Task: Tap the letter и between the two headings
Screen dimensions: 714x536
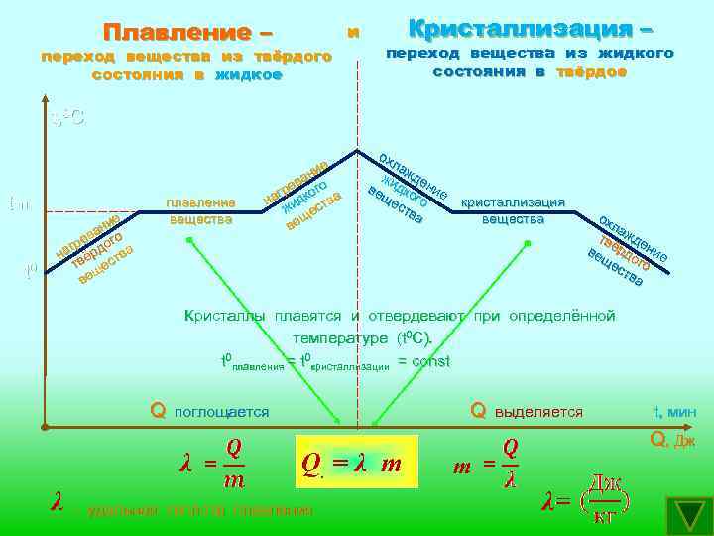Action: click(x=353, y=32)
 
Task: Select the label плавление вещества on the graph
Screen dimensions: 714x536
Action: click(x=200, y=211)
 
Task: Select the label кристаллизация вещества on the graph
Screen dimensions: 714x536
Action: click(x=513, y=210)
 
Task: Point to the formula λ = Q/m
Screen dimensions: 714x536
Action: click(x=213, y=464)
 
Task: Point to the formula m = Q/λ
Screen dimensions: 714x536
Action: click(x=488, y=464)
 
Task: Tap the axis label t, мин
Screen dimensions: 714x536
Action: click(x=675, y=412)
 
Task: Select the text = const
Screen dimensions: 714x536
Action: click(x=423, y=361)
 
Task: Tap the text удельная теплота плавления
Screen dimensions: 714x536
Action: click(x=199, y=510)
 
